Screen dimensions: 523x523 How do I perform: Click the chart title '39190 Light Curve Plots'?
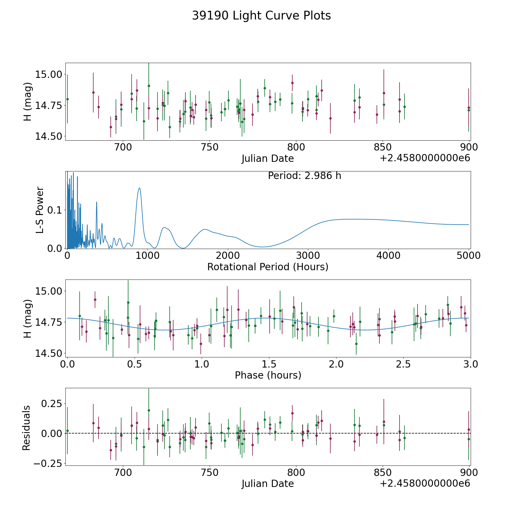coord(261,16)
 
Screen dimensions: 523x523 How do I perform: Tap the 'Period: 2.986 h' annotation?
coord(304,176)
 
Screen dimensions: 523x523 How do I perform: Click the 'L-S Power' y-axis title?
coord(40,210)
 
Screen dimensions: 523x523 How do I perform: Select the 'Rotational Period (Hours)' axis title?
coord(268,267)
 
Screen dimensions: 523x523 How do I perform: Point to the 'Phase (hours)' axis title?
coord(268,375)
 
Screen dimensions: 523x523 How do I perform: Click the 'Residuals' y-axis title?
coord(26,428)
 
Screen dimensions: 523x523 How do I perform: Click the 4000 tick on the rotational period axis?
coord(388,256)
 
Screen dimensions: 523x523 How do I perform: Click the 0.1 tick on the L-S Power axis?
coord(55,210)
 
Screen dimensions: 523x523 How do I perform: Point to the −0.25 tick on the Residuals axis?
coord(48,463)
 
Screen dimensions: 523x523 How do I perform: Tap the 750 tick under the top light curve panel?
coord(209,147)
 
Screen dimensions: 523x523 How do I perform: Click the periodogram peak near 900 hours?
coord(139,188)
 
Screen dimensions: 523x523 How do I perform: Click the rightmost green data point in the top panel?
coord(469,110)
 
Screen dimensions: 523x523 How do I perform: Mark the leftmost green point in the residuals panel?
coord(67,431)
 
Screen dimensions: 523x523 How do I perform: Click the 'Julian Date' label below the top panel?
coord(268,159)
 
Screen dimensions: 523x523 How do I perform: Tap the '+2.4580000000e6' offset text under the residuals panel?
coord(425,483)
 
